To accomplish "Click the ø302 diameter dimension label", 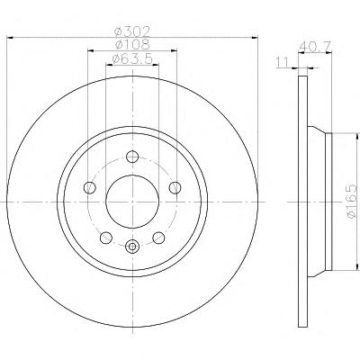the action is pos(132,31).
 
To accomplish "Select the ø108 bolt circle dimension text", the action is pos(132,45).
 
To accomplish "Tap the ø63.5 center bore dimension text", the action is pos(132,59).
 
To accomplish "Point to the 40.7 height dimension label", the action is pos(315,47).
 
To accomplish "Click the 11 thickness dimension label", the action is pos(282,62).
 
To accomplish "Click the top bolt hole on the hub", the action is pos(132,157).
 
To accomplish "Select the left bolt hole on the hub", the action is pos(89,188).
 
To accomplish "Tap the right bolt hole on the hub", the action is pos(175,188).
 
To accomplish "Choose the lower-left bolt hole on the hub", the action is pos(105,238).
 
